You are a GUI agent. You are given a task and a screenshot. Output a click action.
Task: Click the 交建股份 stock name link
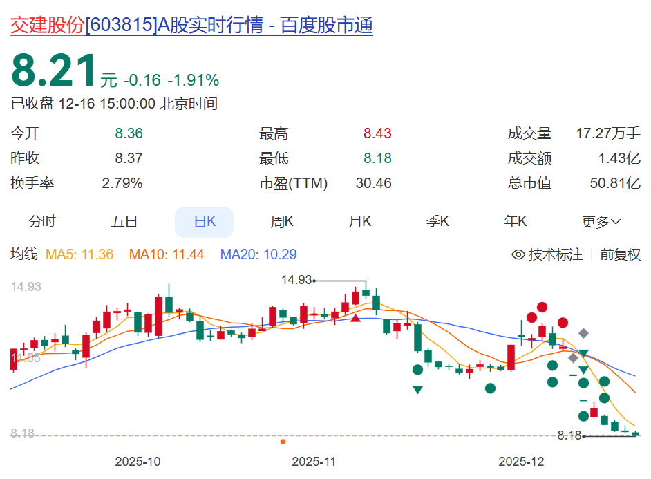click(x=47, y=26)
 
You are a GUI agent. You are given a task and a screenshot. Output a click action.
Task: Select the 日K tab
click(x=205, y=222)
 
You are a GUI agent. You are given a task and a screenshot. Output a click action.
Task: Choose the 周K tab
click(x=282, y=222)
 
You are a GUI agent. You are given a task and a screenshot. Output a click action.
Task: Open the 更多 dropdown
click(x=601, y=222)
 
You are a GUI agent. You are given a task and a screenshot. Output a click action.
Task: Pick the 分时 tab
click(x=42, y=222)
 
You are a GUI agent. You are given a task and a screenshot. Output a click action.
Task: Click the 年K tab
click(x=516, y=222)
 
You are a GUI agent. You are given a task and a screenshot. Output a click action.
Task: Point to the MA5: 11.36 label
click(x=79, y=254)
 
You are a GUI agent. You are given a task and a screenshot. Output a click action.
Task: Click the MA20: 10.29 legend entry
click(x=258, y=254)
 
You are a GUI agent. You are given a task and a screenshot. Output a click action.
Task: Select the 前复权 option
click(x=620, y=254)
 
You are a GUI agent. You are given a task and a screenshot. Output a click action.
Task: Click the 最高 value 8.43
click(x=377, y=134)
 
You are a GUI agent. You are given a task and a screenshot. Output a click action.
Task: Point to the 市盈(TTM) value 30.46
click(x=373, y=183)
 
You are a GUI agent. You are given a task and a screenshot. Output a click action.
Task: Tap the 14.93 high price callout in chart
click(x=297, y=280)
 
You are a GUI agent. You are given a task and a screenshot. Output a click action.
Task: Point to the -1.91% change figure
click(x=194, y=80)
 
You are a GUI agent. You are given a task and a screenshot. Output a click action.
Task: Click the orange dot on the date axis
click(x=283, y=441)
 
